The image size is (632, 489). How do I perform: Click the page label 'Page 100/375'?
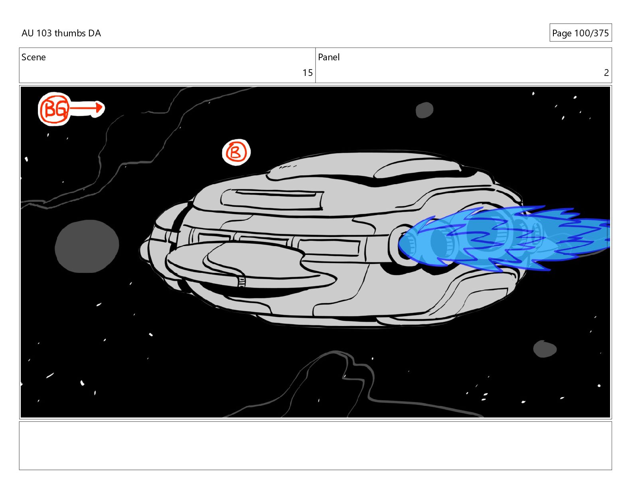tap(580, 33)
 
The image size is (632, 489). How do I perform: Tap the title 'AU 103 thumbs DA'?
tap(61, 33)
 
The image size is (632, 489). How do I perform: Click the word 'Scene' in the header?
tap(34, 57)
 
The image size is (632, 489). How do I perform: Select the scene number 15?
tap(307, 73)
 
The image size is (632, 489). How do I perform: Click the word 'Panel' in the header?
tap(328, 57)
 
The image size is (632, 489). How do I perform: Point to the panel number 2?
tap(606, 73)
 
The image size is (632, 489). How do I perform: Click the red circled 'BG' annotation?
tap(54, 109)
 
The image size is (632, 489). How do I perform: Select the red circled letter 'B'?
tap(236, 152)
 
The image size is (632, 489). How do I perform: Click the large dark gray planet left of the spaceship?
tap(87, 246)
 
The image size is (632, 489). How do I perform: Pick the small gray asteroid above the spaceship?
tap(425, 110)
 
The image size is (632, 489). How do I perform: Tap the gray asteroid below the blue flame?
tap(545, 349)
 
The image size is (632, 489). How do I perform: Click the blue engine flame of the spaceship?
tap(519, 238)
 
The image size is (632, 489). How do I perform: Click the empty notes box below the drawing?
tap(315, 445)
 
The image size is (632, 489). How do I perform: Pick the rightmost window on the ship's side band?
tap(328, 247)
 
